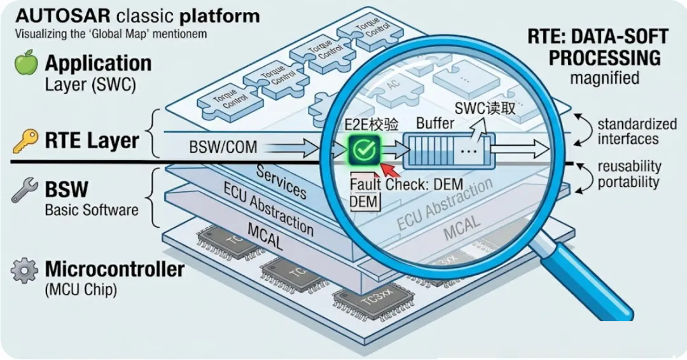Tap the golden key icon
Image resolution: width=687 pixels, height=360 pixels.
pos(24,141)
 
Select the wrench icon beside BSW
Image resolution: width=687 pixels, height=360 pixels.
pos(24,190)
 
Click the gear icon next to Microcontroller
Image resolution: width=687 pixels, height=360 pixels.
pos(24,270)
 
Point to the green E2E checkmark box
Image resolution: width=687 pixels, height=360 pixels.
pos(363,150)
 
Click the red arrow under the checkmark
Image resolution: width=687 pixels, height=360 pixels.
pos(389,169)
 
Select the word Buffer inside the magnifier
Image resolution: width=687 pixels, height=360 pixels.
pos(435,123)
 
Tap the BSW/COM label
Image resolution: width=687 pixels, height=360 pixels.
pos(223,148)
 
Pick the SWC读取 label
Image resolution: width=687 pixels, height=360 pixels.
pos(485,109)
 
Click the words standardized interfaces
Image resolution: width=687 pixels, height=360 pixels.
pos(628,131)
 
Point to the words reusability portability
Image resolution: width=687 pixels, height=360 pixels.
pos(628,174)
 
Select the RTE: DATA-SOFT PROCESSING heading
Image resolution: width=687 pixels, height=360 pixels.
pos(597,48)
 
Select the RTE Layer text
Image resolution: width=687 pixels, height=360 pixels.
pos(92,141)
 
